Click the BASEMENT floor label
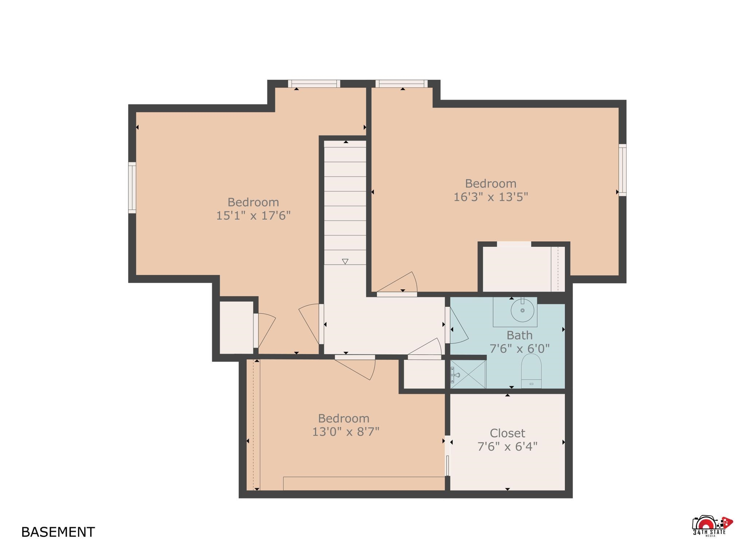58,532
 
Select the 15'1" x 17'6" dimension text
254,215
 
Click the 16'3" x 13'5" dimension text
491,197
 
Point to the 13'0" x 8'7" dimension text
346,432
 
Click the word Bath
519,335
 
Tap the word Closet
507,433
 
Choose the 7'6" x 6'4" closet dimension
507,446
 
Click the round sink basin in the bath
522,310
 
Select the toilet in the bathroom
531,371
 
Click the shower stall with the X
468,374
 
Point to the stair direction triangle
345,261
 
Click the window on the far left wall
132,187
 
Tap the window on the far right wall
623,170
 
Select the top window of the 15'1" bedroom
314,84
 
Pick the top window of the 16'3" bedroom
401,84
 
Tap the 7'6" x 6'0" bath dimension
519,349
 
